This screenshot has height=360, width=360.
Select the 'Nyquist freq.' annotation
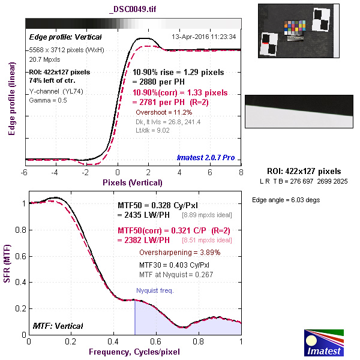[x=155, y=290]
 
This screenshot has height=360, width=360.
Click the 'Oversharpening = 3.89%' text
[x=179, y=253]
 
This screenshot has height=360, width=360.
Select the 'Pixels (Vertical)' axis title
[x=133, y=182]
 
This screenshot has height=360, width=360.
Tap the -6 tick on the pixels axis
[x=25, y=172]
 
